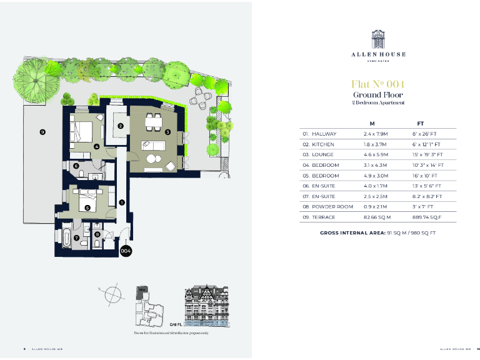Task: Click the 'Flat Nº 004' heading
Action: (x=378, y=84)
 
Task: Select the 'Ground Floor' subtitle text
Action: (x=378, y=95)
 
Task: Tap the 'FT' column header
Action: (x=421, y=124)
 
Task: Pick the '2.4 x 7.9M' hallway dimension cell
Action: (x=376, y=134)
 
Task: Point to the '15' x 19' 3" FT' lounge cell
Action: (x=428, y=154)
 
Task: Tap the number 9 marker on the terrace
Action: (x=42, y=132)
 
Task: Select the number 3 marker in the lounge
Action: (x=168, y=132)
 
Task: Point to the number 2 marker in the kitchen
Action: (x=120, y=126)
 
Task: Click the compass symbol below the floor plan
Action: (x=113, y=292)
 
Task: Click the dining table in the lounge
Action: (x=151, y=123)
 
